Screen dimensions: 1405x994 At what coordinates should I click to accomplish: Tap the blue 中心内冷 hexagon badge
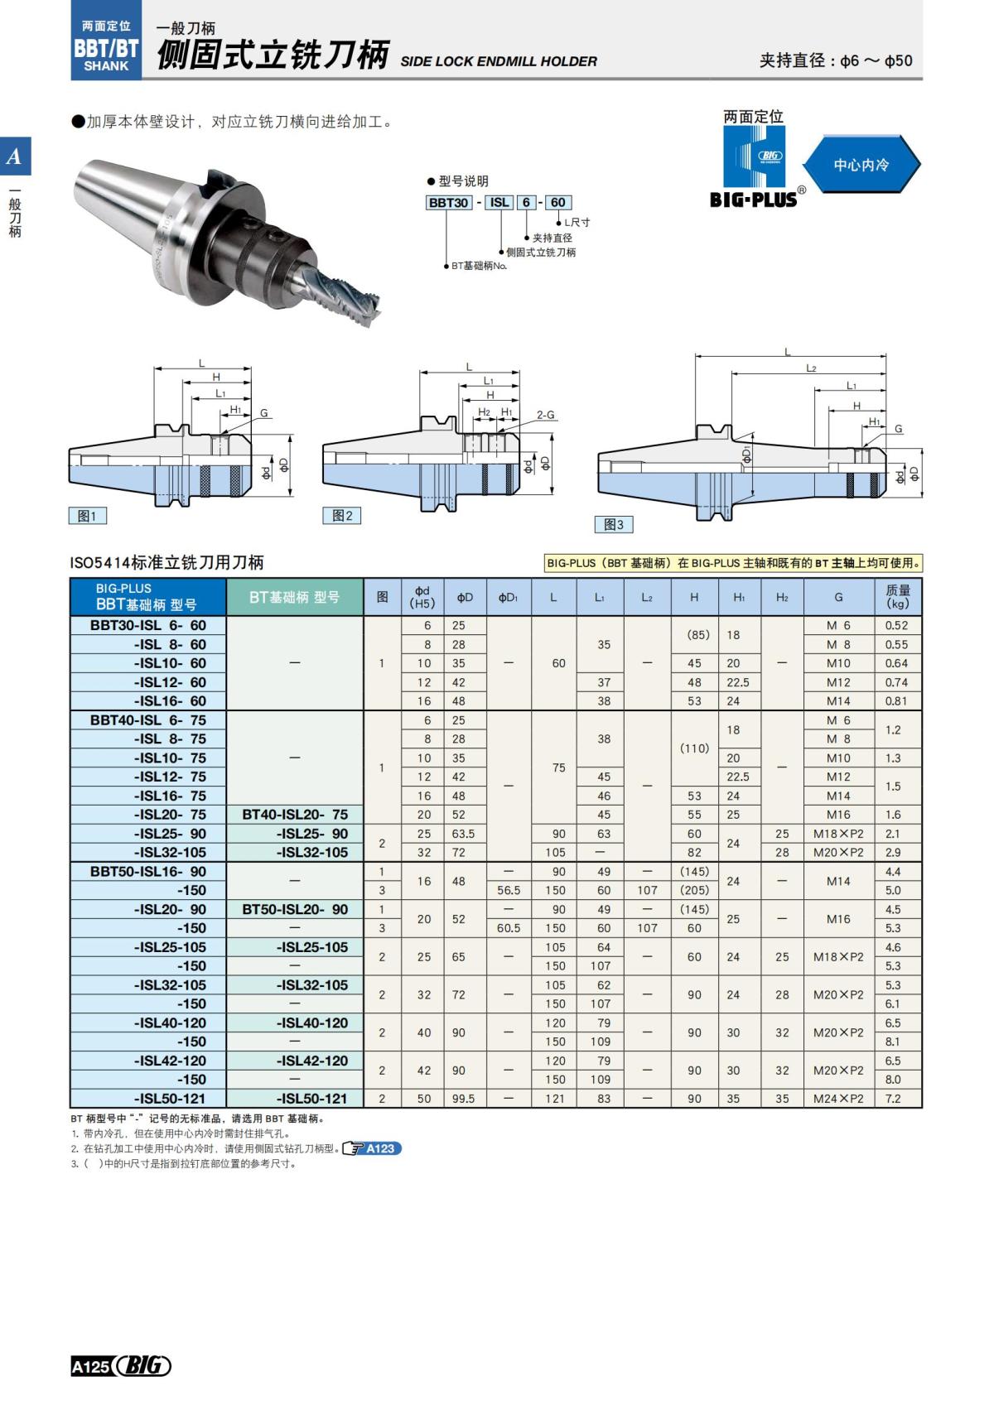pyautogui.click(x=861, y=165)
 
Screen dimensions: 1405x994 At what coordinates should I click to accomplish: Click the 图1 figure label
pyautogui.click(x=87, y=516)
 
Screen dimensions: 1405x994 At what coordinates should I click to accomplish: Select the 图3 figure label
pyautogui.click(x=614, y=524)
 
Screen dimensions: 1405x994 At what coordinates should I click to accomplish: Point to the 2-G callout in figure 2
pyautogui.click(x=545, y=415)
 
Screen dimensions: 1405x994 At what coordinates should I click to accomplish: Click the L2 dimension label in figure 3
pyautogui.click(x=811, y=368)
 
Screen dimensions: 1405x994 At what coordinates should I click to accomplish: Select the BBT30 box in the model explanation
pyautogui.click(x=448, y=202)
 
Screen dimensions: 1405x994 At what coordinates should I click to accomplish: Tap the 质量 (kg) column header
pyautogui.click(x=897, y=596)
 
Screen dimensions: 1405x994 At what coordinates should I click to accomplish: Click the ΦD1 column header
pyautogui.click(x=508, y=597)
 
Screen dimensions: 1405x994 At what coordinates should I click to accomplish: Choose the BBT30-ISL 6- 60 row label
pyautogui.click(x=148, y=625)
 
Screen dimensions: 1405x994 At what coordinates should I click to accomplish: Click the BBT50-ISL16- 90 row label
pyautogui.click(x=148, y=871)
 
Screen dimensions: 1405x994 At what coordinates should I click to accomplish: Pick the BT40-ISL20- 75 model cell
pyautogui.click(x=295, y=814)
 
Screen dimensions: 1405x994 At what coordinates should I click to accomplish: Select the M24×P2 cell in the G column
pyautogui.click(x=838, y=1099)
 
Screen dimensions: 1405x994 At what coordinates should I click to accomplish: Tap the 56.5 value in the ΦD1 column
pyautogui.click(x=509, y=890)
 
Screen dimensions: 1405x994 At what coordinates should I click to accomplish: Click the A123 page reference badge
pyautogui.click(x=380, y=1148)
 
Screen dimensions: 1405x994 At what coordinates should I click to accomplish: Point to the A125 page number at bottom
pyautogui.click(x=90, y=1366)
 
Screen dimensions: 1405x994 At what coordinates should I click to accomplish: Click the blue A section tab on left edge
pyautogui.click(x=15, y=156)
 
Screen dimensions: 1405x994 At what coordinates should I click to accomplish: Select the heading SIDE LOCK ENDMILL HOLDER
pyautogui.click(x=498, y=61)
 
